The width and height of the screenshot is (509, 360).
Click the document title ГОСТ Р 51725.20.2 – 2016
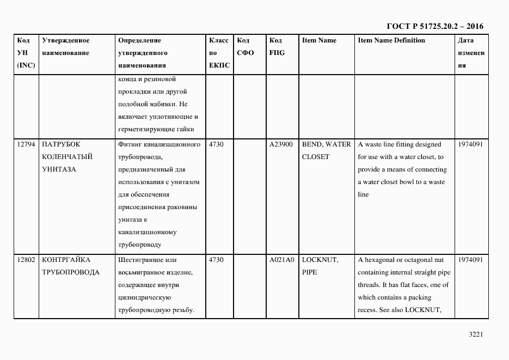[x=434, y=26]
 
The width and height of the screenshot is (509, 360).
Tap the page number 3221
[x=476, y=334]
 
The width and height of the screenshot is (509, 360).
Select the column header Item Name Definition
[x=391, y=41]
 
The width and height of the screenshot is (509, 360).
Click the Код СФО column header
[x=246, y=47]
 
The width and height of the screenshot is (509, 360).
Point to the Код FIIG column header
[x=277, y=47]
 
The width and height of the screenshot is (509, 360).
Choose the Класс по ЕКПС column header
[x=219, y=53]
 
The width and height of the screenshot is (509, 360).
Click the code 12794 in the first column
[x=26, y=145]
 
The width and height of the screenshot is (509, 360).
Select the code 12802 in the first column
[x=26, y=260]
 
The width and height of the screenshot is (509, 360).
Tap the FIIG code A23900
[x=281, y=145]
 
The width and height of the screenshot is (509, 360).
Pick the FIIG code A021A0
[x=281, y=260]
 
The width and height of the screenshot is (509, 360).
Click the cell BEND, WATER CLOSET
[x=327, y=151]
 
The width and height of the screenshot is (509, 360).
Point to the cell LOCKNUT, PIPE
[x=320, y=266]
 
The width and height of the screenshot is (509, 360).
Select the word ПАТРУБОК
[x=61, y=145]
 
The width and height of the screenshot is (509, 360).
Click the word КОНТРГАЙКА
[x=66, y=260]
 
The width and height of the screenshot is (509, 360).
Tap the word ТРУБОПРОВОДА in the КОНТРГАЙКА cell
[x=70, y=273]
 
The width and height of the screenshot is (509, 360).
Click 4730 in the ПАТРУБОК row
[x=216, y=145]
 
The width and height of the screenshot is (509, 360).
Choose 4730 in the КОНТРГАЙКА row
[x=216, y=260]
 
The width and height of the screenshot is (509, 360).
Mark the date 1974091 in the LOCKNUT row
[x=471, y=260]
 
